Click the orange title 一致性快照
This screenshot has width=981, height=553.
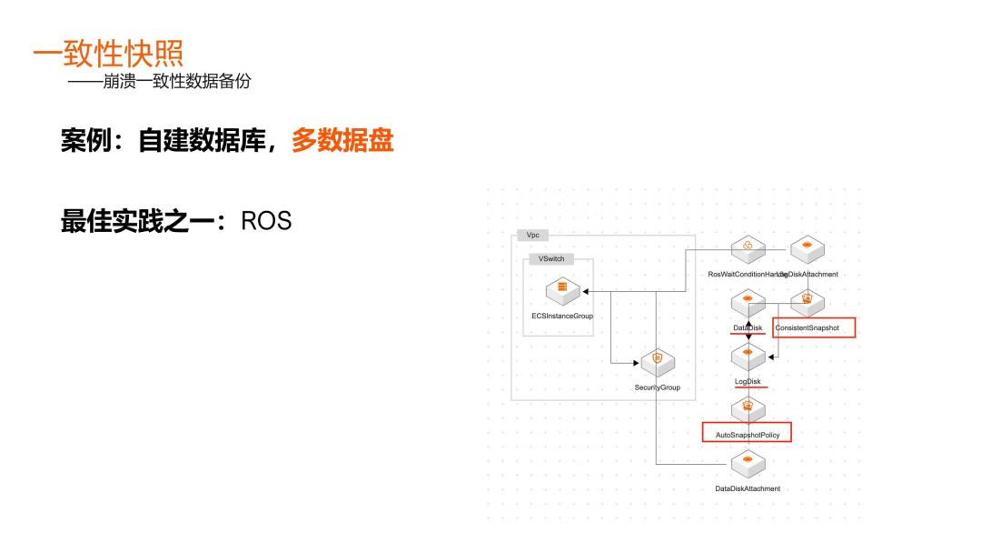(x=108, y=53)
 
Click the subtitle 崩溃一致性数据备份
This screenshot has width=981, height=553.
(x=159, y=81)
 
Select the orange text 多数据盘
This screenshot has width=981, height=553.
(x=342, y=141)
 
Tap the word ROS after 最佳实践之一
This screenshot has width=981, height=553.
(x=266, y=221)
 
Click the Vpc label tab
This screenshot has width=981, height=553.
(x=532, y=235)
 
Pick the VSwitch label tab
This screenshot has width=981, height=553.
(x=550, y=258)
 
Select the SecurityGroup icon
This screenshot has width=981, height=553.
(x=657, y=361)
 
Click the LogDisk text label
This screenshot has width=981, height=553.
(x=748, y=381)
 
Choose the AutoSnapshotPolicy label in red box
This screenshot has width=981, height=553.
(x=748, y=435)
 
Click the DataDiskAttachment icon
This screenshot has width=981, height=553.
(x=748, y=463)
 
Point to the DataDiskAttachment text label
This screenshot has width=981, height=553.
(x=748, y=488)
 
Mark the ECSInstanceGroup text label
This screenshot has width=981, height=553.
(x=562, y=317)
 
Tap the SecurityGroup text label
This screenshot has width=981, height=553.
(x=657, y=387)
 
